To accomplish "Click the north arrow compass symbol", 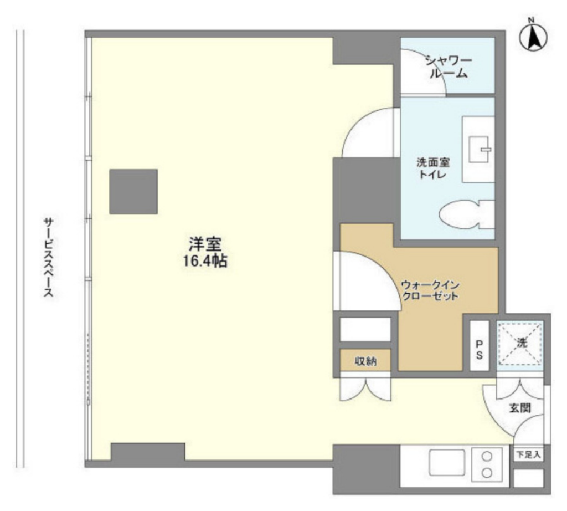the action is tap(533, 37).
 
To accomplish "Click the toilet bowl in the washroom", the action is tap(466, 216).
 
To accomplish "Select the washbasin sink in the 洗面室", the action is tap(478, 149).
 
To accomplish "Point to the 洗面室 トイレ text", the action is tap(433, 168).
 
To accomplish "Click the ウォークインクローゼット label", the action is tap(430, 290).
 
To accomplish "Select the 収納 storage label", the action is tap(365, 361).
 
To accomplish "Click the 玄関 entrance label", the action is tap(520, 408).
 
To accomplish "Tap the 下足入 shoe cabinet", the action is tap(529, 454).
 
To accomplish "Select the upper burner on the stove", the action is tap(487, 456).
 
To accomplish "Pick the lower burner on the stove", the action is tap(487, 473).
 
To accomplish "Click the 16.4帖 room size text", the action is tap(205, 260).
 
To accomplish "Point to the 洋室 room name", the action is tap(205, 244).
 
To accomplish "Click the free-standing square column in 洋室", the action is tap(133, 191).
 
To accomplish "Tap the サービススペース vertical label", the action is tap(49, 257).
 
